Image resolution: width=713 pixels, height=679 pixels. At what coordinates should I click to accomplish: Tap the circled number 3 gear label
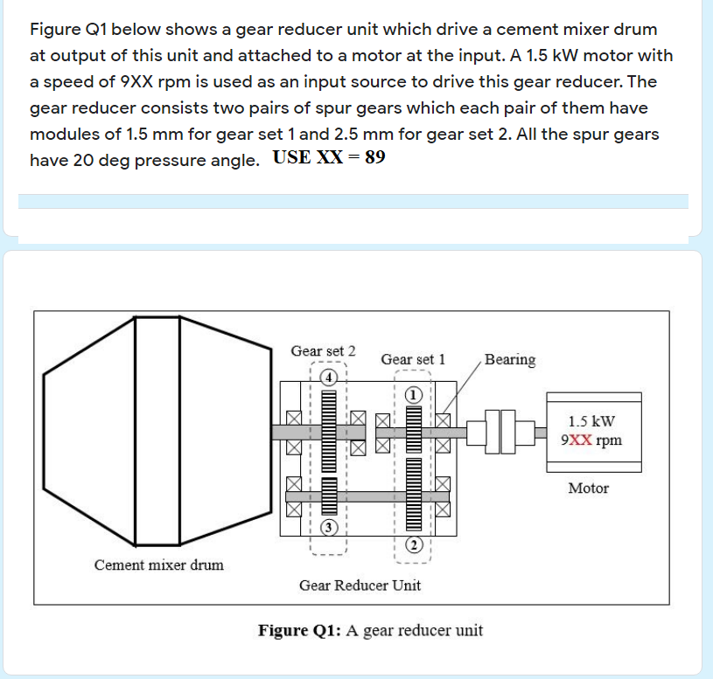328,527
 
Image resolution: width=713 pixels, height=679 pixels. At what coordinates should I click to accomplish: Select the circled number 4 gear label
328,378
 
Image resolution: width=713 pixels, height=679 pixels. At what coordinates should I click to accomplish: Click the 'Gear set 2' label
323,350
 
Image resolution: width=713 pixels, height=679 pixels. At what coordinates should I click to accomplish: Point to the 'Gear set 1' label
413,359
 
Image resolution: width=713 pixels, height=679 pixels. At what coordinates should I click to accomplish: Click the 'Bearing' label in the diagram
510,359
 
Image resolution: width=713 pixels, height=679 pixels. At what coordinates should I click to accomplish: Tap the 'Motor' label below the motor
588,488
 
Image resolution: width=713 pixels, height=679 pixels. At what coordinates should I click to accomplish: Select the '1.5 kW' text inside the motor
591,420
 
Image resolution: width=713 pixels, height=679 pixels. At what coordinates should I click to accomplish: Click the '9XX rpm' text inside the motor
591,439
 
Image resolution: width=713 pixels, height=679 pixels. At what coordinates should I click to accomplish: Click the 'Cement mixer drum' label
158,565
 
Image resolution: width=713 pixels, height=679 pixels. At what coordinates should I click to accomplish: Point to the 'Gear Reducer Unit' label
360,585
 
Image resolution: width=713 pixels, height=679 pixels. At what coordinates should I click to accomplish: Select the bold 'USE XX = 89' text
329,159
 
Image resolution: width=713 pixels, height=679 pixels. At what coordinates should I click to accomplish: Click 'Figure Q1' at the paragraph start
66,30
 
